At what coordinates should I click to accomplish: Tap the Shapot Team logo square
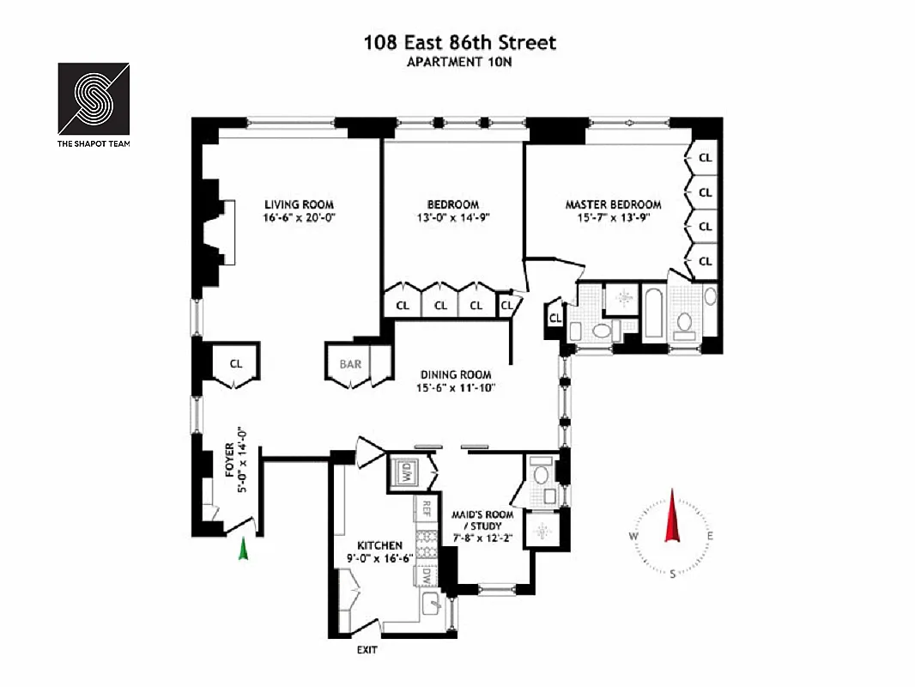tap(94, 98)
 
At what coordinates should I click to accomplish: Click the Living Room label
tap(299, 204)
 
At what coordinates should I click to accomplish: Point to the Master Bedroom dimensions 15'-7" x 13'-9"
tap(613, 218)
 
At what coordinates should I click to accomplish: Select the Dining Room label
tap(455, 374)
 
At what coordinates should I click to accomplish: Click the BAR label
tap(350, 364)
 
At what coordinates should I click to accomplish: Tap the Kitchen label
tap(379, 545)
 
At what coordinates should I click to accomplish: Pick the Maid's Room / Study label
tap(482, 520)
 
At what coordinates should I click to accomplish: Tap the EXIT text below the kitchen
tap(367, 650)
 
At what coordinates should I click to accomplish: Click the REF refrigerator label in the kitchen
tap(424, 508)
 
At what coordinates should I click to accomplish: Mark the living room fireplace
tap(225, 232)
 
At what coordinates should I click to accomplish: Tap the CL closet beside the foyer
tap(236, 364)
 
